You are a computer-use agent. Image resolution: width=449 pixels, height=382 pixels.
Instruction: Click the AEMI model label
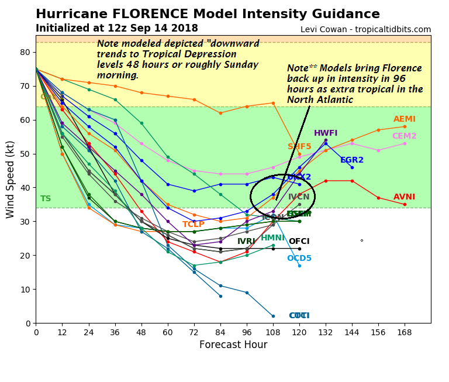405,119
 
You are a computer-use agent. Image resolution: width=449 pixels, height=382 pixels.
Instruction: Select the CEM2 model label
405,136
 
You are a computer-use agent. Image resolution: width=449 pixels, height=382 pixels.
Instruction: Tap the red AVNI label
405,197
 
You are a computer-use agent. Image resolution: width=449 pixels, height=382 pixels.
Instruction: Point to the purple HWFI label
326,133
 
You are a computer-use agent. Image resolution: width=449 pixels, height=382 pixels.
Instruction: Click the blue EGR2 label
352,160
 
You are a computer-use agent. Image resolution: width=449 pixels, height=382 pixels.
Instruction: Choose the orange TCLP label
194,225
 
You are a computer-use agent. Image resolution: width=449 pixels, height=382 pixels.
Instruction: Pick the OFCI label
299,241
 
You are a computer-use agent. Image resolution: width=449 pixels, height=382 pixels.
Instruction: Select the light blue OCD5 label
299,259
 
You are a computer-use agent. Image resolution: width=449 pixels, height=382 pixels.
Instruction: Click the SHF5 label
299,147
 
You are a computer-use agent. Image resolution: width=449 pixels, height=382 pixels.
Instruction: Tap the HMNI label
272,238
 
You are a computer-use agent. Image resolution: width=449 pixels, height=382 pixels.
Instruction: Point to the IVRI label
246,242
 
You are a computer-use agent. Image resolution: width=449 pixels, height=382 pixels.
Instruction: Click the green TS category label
46,199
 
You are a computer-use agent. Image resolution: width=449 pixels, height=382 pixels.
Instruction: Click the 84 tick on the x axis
220,332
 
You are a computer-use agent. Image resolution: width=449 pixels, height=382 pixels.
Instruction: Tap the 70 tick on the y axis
25,86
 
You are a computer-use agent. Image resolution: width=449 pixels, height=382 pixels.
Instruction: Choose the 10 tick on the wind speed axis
25,290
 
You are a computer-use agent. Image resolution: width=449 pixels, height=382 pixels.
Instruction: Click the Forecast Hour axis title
233,345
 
